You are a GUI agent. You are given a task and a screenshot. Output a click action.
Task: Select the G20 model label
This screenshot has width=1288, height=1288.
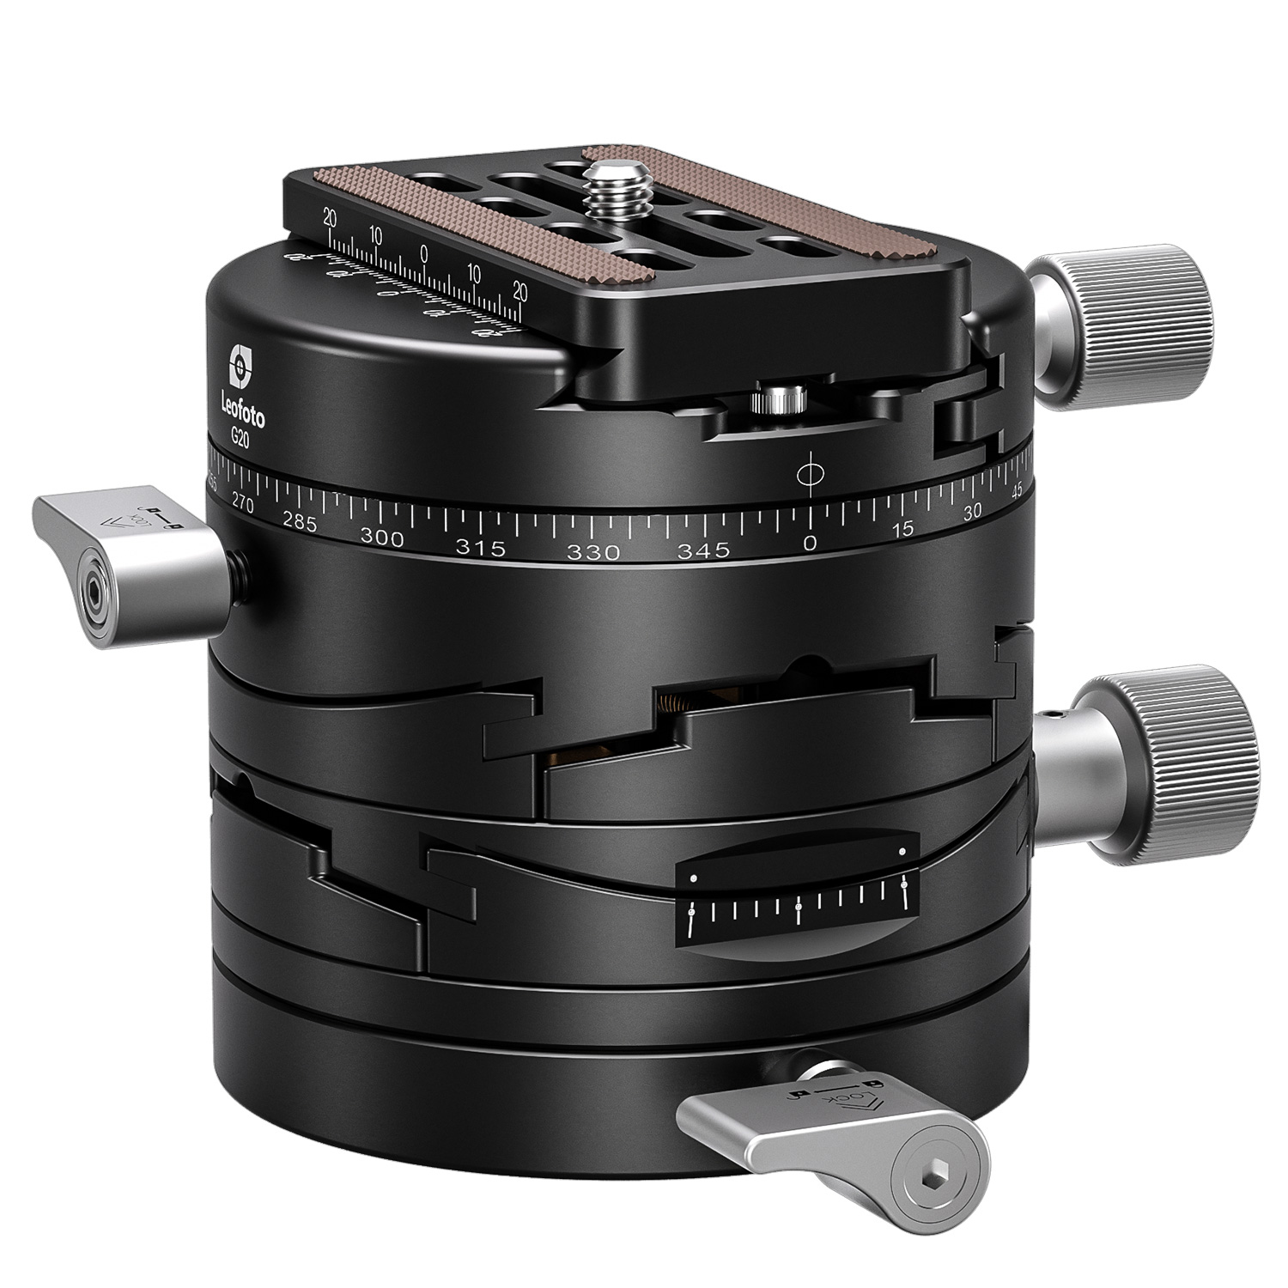[240, 436]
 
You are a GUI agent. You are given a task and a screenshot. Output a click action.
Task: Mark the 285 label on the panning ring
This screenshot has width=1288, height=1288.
[300, 523]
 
